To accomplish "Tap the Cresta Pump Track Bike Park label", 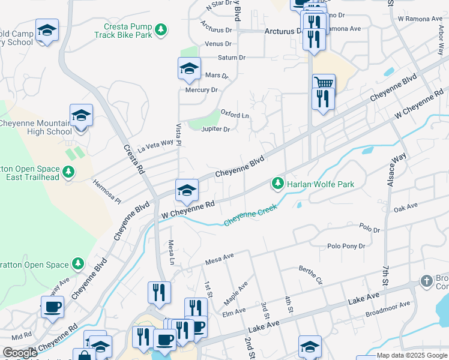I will (124, 31).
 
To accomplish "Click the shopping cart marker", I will (324, 83).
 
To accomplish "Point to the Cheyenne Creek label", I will (251, 216).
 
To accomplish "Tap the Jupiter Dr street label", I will (216, 129).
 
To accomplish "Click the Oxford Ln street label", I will (235, 115).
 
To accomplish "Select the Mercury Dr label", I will (201, 90).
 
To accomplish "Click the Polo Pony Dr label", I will (346, 246).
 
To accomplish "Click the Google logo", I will (20, 352).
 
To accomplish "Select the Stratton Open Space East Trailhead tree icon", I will (69, 173).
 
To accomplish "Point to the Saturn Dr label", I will (234, 58).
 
